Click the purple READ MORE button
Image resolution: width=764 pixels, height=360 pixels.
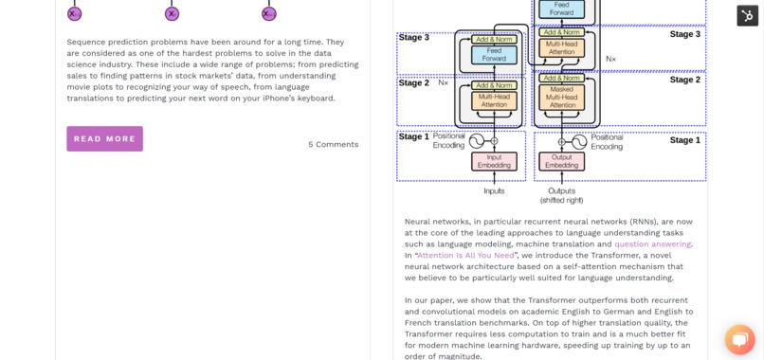pyautogui.click(x=104, y=138)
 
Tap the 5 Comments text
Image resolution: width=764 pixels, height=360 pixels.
pyautogui.click(x=333, y=144)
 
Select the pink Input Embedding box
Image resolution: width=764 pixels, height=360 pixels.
pyautogui.click(x=494, y=161)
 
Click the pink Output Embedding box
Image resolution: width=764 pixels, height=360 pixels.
pyautogui.click(x=561, y=161)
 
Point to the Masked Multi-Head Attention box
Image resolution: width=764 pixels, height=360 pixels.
pyautogui.click(x=561, y=98)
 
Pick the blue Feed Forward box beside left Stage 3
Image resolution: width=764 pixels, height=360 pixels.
pyautogui.click(x=494, y=54)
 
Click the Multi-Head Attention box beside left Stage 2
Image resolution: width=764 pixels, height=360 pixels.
pyautogui.click(x=494, y=100)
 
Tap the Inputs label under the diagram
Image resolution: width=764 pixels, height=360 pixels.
pyautogui.click(x=494, y=190)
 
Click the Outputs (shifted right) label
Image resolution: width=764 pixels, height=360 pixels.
pyautogui.click(x=561, y=195)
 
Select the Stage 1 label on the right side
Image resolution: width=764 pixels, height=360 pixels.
pyautogui.click(x=684, y=140)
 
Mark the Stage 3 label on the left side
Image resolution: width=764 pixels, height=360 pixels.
pyautogui.click(x=414, y=38)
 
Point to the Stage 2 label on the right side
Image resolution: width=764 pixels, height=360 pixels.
pyautogui.click(x=684, y=80)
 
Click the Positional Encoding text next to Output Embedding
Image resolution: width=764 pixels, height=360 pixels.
pyautogui.click(x=607, y=141)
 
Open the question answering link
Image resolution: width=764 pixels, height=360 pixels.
pyautogui.click(x=652, y=243)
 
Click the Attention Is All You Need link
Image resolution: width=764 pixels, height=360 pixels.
pyautogui.click(x=465, y=255)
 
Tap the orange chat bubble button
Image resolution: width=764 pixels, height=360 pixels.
pyautogui.click(x=739, y=338)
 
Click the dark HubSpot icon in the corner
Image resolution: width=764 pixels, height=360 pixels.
pyautogui.click(x=747, y=15)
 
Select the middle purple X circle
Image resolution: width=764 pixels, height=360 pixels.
pyautogui.click(x=172, y=13)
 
